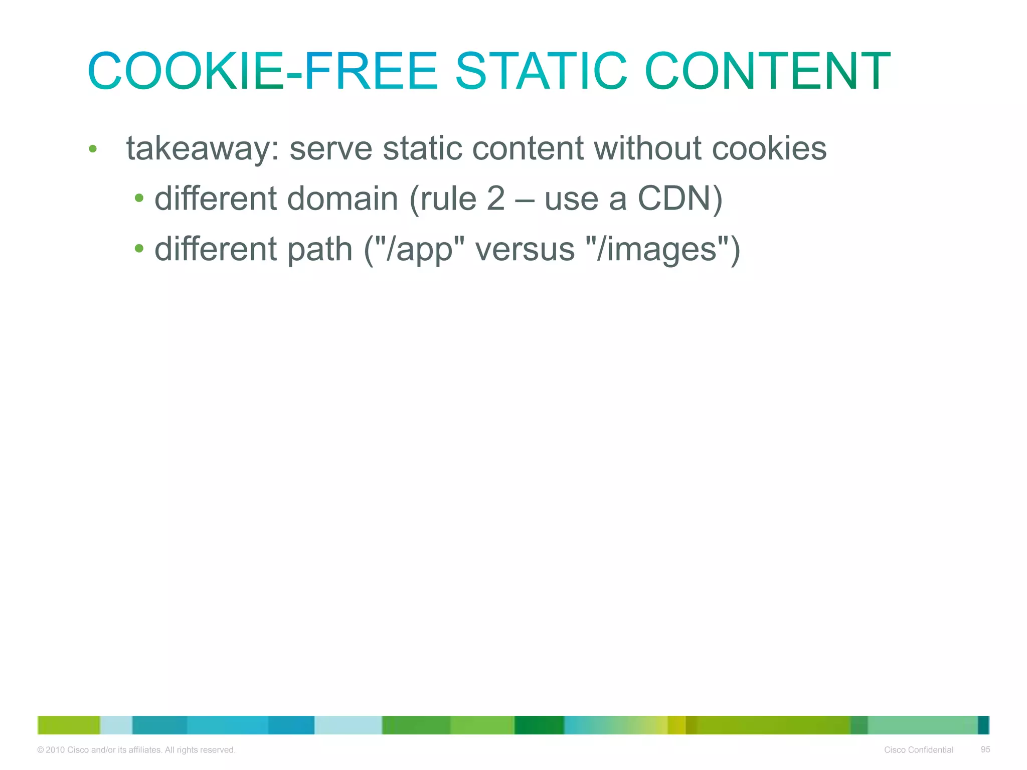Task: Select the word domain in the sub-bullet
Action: point(343,199)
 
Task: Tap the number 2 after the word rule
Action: point(495,199)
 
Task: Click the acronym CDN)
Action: point(680,199)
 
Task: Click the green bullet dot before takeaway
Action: point(92,148)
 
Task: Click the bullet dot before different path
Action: point(139,248)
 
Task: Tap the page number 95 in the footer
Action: point(985,749)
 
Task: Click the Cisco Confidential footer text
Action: point(918,750)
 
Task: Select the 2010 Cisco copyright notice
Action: point(136,750)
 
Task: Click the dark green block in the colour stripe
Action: point(539,725)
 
